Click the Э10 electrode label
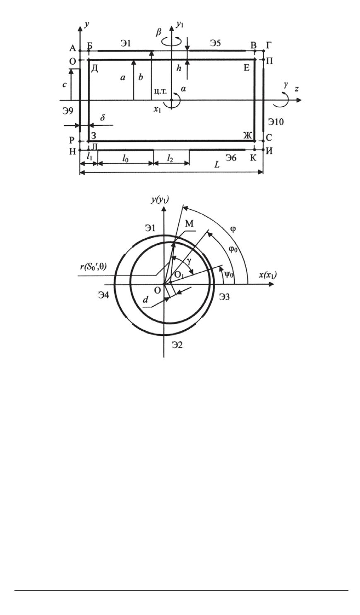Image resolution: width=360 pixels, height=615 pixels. pyautogui.click(x=276, y=122)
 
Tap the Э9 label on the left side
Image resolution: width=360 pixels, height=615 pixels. pyautogui.click(x=67, y=111)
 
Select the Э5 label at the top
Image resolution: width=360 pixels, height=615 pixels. pyautogui.click(x=215, y=43)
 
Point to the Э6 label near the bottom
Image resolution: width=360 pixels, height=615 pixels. pyautogui.click(x=230, y=158)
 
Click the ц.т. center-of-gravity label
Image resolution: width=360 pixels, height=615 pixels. pyautogui.click(x=160, y=91)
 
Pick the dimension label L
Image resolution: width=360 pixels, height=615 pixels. pyautogui.click(x=217, y=165)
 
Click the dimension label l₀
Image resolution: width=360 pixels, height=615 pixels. pyautogui.click(x=125, y=158)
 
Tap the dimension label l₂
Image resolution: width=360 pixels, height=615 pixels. pyautogui.click(x=170, y=158)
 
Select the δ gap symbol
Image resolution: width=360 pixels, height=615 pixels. pyautogui.click(x=103, y=118)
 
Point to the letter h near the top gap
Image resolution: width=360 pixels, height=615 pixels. pyautogui.click(x=179, y=68)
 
